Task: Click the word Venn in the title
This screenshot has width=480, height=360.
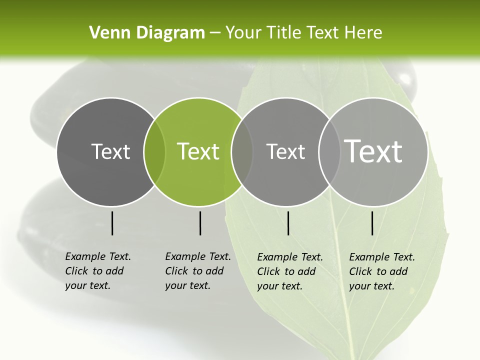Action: pos(104,33)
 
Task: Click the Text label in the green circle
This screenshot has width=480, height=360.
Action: pos(198,151)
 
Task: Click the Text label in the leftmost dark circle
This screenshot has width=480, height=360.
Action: pos(110,151)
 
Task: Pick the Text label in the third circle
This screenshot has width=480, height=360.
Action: pos(285,151)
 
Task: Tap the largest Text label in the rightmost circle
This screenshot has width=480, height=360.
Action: pos(373,151)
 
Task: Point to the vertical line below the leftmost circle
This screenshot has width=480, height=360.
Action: pos(112,223)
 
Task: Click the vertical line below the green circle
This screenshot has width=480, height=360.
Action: pos(200,223)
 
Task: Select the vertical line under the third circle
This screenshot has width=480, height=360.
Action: pos(288,223)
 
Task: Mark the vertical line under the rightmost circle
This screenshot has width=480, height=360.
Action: pos(372,223)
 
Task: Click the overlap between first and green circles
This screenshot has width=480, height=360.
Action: pos(154,151)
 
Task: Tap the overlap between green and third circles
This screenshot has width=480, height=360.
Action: pos(242,151)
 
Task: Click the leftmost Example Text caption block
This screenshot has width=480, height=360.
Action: pos(98,271)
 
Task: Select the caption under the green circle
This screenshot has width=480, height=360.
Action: pos(198,271)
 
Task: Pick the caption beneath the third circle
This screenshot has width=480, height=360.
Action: pos(290,271)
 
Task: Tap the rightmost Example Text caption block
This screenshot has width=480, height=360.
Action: pos(382,271)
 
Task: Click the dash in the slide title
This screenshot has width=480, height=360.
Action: pos(215,33)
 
